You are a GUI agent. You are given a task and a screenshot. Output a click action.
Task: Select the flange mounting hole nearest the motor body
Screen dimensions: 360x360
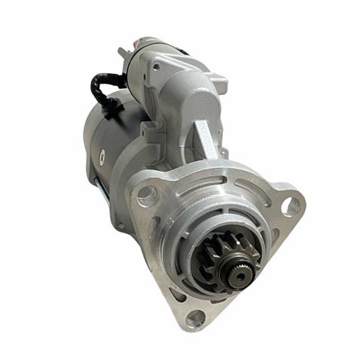(x=146, y=197)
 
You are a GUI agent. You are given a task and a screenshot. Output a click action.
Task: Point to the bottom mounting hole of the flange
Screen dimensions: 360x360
(x=197, y=319)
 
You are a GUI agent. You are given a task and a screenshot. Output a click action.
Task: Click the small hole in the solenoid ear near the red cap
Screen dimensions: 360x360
(x=154, y=66)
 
